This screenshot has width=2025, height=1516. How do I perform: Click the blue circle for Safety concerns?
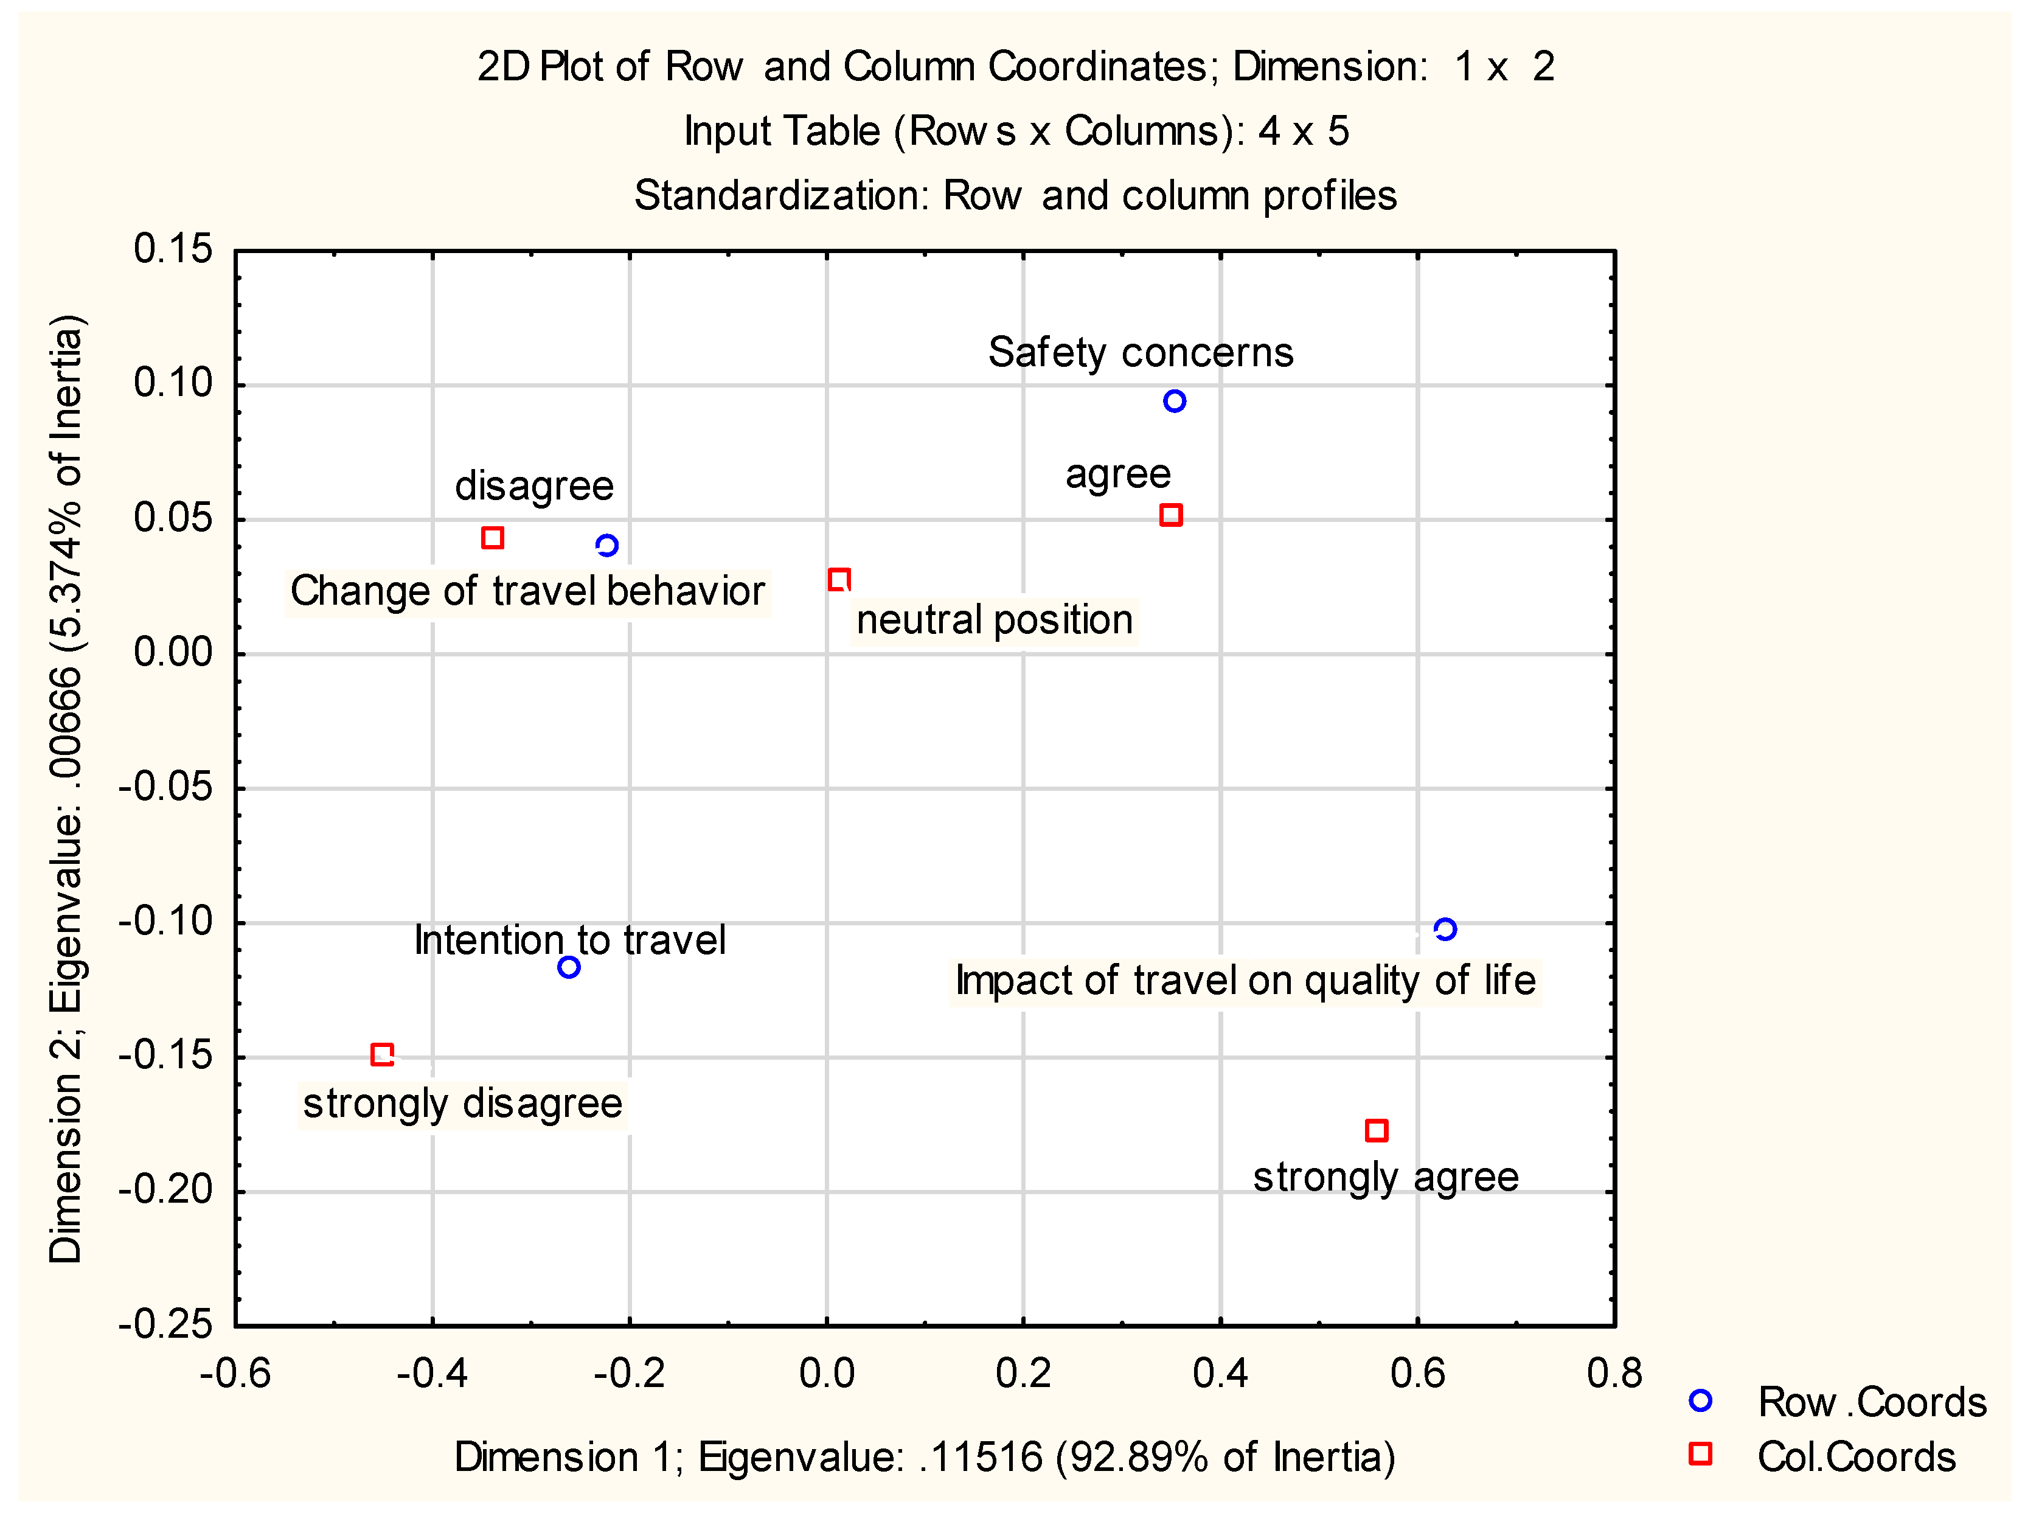[1175, 401]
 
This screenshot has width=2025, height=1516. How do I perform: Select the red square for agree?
[1171, 515]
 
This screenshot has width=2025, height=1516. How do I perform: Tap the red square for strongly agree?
[1376, 1130]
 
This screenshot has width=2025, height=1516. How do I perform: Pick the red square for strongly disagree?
[383, 1055]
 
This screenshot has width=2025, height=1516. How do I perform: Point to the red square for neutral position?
[839, 580]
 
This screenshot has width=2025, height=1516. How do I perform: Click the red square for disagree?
[493, 537]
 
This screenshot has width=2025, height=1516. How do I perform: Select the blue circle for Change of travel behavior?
[607, 546]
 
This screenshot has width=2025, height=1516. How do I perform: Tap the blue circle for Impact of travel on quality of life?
[1445, 929]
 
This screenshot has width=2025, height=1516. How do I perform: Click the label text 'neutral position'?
[994, 620]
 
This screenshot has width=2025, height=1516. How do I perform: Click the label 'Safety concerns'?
[1141, 352]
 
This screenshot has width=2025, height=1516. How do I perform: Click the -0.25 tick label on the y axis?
[165, 1324]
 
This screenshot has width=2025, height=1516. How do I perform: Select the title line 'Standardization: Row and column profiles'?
[1015, 195]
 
